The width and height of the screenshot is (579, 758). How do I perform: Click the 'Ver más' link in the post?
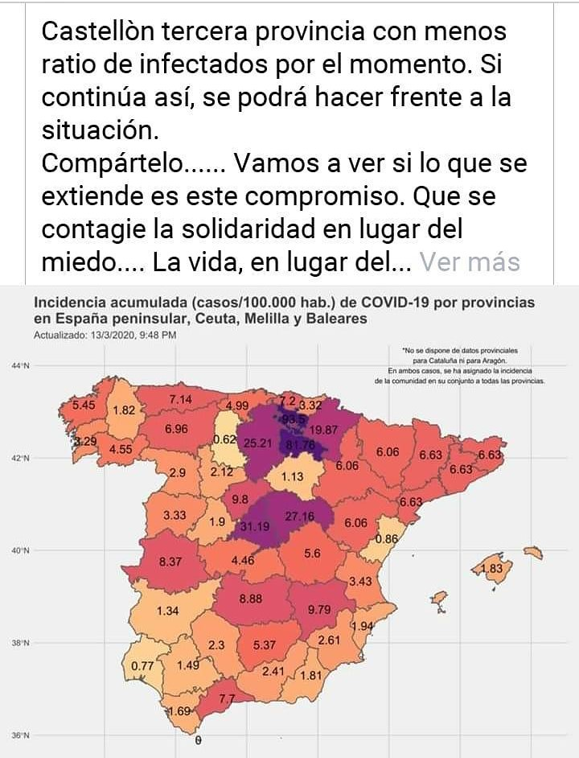(x=470, y=262)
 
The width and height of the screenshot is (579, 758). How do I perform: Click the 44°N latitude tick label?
(x=20, y=367)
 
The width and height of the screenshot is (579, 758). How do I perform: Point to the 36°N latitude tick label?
(x=20, y=735)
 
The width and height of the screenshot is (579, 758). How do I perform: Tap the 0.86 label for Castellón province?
(x=387, y=538)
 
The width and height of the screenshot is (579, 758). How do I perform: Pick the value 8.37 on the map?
(x=170, y=562)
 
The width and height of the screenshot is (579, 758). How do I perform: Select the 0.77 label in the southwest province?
(x=142, y=665)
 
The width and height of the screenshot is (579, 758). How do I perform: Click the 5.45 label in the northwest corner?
(x=84, y=405)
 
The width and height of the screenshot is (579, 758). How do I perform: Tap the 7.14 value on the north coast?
(x=180, y=399)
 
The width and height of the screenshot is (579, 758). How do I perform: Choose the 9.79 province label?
(x=319, y=609)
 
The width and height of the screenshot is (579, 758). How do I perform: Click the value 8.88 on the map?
(x=252, y=599)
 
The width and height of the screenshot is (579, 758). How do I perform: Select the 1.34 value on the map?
(x=167, y=611)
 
